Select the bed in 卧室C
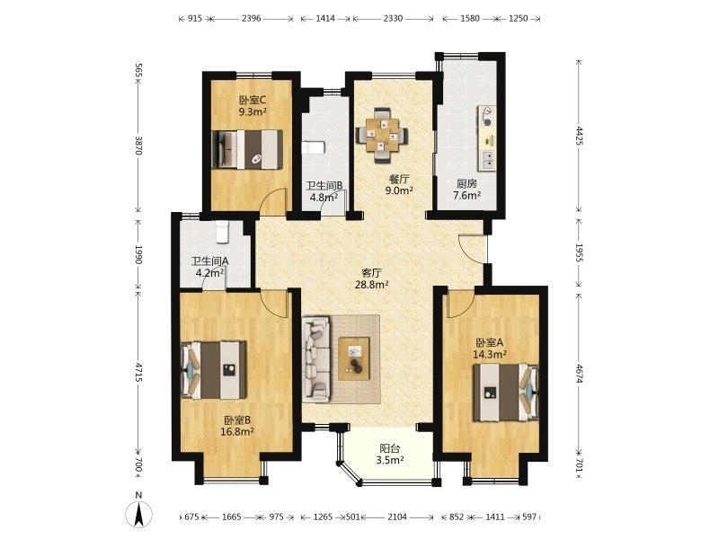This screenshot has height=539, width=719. [247, 149]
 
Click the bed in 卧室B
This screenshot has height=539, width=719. [214, 369]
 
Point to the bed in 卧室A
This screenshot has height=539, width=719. [506, 392]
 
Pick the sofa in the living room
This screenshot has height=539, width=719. [317, 358]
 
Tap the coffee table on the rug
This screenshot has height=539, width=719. [354, 358]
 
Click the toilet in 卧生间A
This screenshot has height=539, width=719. [222, 232]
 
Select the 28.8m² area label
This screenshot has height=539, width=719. [372, 285]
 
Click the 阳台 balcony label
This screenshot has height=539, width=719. [389, 448]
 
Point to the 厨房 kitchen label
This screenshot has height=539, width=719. [466, 184]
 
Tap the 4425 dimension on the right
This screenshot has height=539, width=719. [579, 136]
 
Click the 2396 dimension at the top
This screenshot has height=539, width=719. [251, 19]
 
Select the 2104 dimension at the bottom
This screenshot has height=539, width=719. [397, 517]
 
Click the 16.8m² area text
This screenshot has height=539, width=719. [237, 431]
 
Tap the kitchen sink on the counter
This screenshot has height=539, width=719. [487, 159]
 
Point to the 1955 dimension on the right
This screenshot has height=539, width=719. [579, 252]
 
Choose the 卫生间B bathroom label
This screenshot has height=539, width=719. [324, 186]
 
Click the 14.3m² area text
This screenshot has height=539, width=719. [490, 354]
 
